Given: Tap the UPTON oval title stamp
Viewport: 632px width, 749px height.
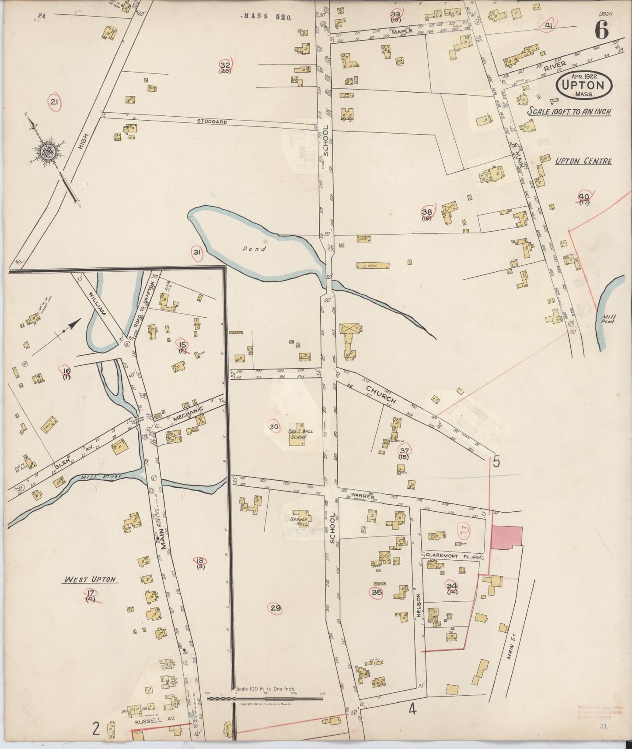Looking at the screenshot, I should (x=583, y=86).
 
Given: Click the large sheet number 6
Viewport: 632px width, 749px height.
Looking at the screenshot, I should (x=601, y=30).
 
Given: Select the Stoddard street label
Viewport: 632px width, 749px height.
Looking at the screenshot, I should (x=212, y=121).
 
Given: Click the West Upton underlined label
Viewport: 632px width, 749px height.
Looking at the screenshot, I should (x=90, y=579).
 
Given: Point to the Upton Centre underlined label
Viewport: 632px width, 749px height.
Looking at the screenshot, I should (x=583, y=161).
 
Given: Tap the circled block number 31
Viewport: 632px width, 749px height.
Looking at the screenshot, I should (x=197, y=252).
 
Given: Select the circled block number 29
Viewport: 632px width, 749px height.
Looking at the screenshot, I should (x=275, y=608).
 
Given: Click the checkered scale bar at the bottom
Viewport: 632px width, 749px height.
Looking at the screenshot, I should (x=265, y=699).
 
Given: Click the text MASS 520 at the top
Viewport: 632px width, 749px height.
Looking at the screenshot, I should (x=267, y=17).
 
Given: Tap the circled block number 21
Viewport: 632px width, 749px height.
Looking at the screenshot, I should (x=55, y=102).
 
